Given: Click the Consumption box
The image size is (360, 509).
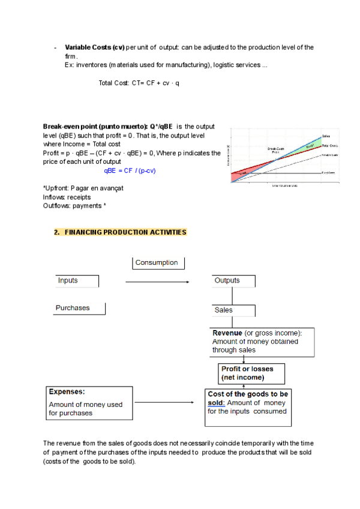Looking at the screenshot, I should (158, 263).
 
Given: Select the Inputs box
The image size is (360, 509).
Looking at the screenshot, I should (77, 281).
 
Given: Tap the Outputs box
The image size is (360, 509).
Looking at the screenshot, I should (233, 281).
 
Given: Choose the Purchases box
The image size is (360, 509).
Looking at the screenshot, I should (80, 308).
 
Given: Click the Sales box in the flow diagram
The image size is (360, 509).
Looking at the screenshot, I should (233, 310).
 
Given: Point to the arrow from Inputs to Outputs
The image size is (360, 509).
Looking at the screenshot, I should (157, 282).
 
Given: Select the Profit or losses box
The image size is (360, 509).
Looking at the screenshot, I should (251, 373).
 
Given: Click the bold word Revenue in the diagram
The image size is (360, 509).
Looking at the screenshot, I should (227, 333).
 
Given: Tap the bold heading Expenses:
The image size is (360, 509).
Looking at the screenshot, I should (67, 391).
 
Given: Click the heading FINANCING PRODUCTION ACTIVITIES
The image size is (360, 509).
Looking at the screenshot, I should (125, 232).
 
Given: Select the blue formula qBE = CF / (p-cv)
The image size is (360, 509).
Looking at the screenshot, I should (130, 170).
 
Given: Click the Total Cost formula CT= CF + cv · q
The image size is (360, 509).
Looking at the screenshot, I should (139, 83).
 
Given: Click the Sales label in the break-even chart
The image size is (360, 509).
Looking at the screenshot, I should (326, 136).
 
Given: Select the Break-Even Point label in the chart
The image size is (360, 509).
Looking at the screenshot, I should (275, 150).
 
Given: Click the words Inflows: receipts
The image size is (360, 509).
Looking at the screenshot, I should (67, 197).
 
